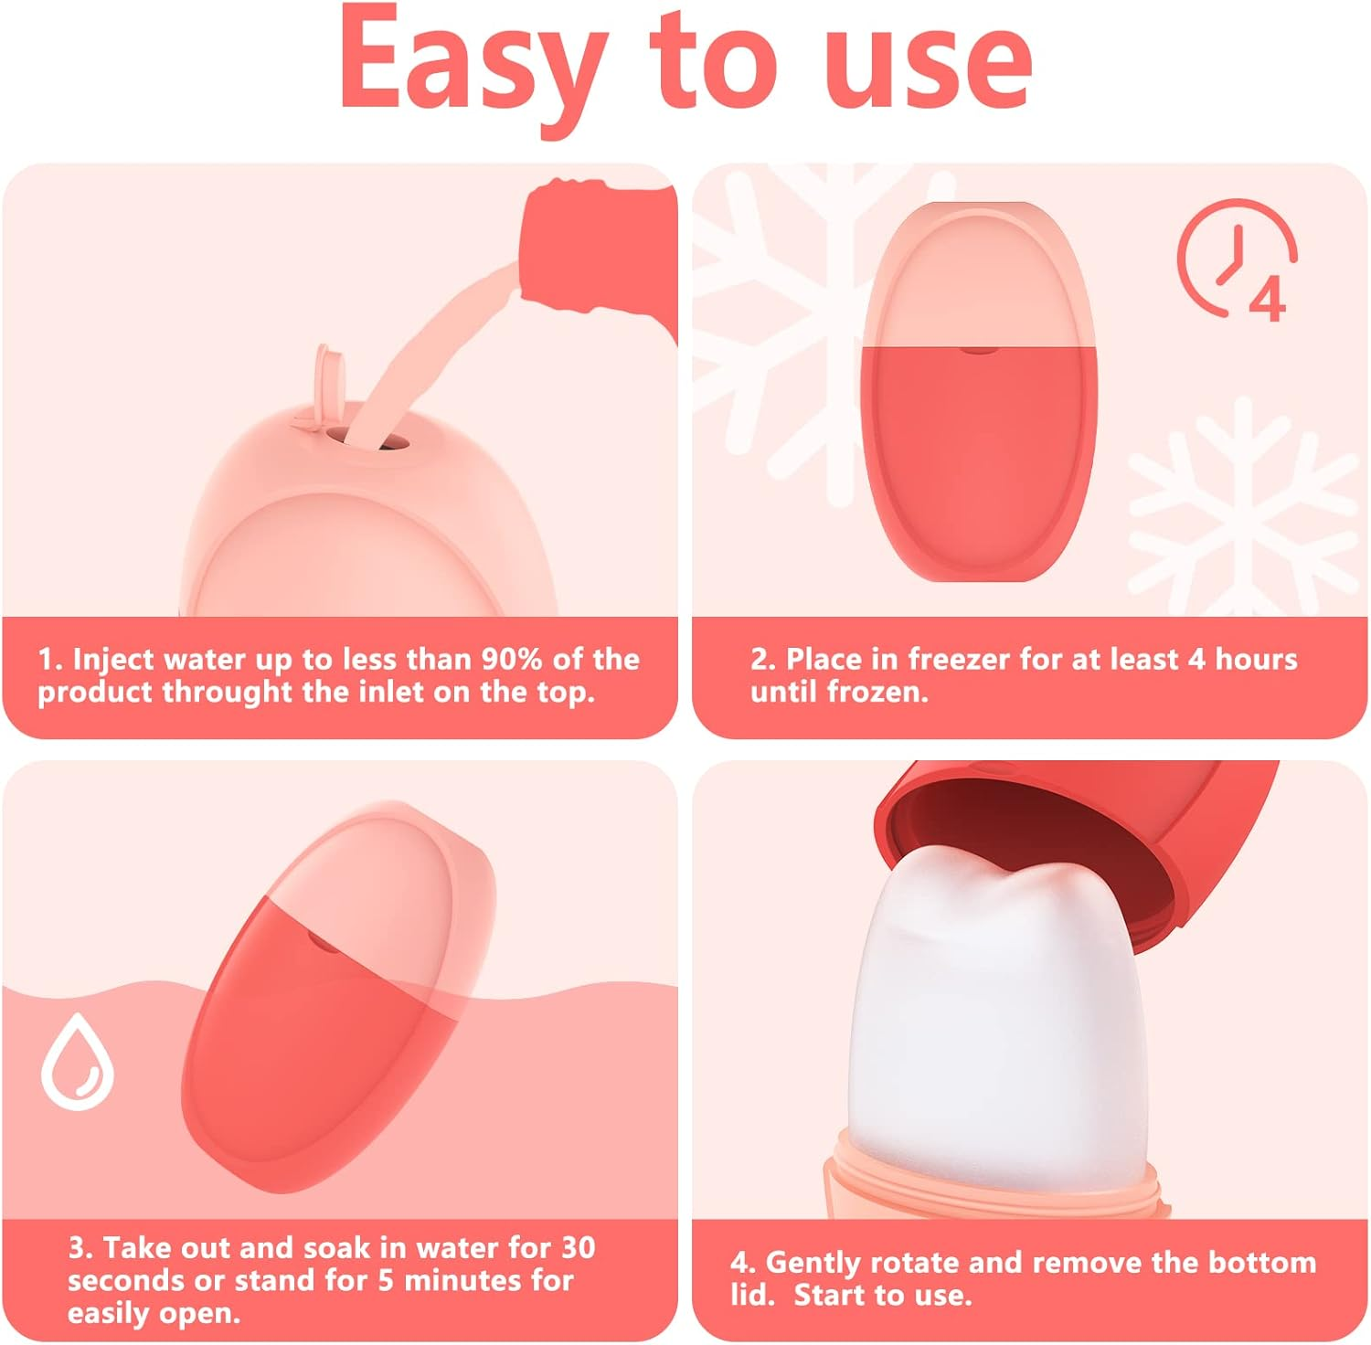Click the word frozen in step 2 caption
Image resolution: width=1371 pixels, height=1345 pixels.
[x=877, y=692]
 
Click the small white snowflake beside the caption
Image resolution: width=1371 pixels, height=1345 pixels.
[x=1243, y=512]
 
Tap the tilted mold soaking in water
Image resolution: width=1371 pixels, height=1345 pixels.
[x=338, y=996]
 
